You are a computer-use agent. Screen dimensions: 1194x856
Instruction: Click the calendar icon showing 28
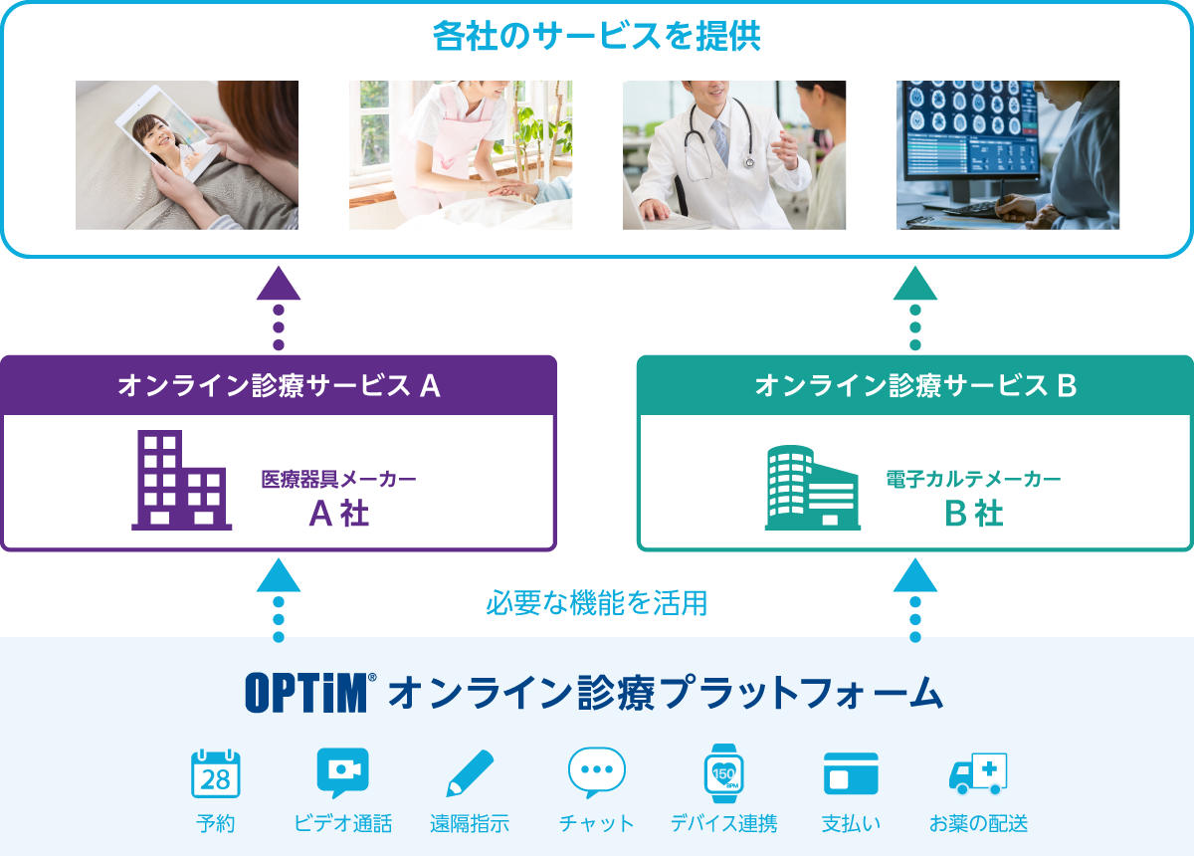215,773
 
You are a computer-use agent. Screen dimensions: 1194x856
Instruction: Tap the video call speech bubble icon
342,772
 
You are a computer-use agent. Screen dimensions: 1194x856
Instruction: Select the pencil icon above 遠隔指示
470,773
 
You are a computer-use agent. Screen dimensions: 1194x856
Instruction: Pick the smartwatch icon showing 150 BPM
724,773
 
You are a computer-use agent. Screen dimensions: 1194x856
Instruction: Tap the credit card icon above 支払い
851,773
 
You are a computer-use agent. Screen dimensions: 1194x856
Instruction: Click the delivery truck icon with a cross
978,773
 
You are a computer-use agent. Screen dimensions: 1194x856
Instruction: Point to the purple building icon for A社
181,480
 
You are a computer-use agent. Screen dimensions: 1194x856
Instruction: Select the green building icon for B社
812,488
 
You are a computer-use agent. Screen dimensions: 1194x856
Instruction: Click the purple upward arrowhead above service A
279,284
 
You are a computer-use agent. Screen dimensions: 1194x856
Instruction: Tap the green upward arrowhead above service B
915,284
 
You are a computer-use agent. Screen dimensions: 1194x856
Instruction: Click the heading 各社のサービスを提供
596,36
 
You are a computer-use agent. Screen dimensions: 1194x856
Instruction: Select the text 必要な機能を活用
596,602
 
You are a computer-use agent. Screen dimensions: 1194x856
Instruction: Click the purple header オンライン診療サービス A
279,385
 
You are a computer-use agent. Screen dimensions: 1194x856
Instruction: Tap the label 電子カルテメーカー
973,479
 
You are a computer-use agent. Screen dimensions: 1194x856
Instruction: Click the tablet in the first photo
167,133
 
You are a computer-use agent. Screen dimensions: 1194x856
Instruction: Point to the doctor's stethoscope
719,137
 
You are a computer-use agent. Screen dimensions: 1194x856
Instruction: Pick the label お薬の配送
978,823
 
